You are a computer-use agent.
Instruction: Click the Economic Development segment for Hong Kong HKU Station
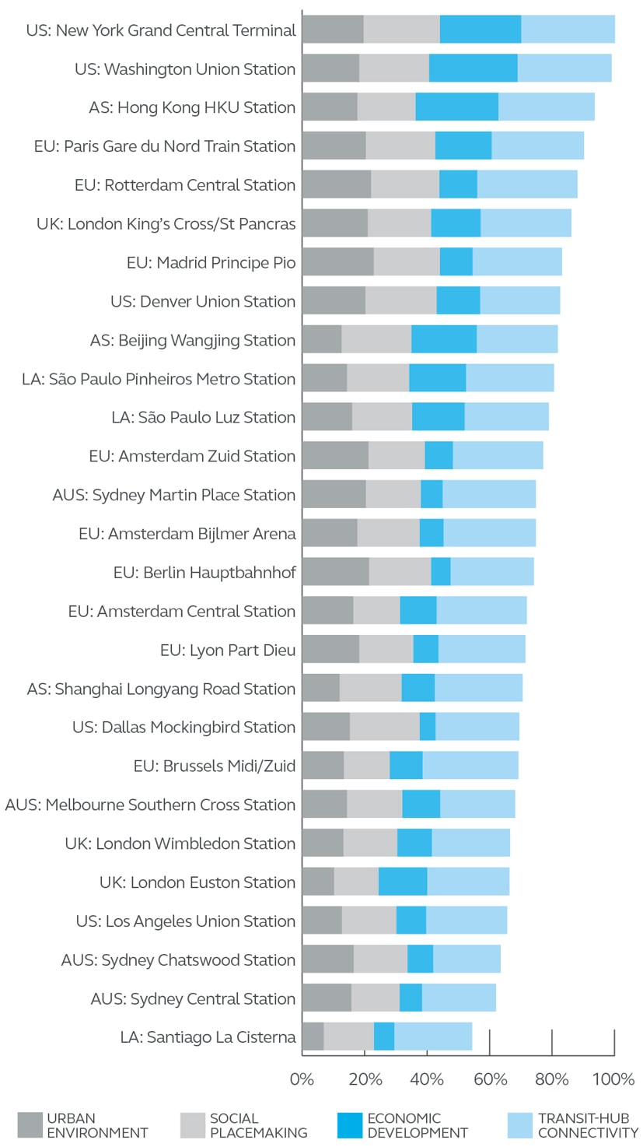456,107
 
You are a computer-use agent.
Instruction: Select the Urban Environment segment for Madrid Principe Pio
337,261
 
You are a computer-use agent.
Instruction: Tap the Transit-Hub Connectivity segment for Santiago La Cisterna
433,1037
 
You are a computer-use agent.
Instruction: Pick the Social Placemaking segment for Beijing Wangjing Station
376,339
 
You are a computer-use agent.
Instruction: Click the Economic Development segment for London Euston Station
403,882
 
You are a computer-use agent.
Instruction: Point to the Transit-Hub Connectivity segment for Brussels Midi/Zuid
470,766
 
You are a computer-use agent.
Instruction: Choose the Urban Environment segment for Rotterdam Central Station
337,184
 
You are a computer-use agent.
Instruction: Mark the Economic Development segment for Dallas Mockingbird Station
428,727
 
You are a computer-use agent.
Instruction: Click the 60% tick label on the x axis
489,1079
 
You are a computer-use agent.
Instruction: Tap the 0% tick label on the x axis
302,1079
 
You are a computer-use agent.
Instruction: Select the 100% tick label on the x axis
614,1079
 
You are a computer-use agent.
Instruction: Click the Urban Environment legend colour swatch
30,1125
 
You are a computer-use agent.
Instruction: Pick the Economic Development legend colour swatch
350,1125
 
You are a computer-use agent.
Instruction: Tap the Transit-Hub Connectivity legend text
588,1125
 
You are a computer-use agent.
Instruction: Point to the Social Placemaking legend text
258,1125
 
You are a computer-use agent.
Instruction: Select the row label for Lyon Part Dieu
228,650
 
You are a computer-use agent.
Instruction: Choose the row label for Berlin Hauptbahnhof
204,573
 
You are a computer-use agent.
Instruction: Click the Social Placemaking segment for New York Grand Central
401,29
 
